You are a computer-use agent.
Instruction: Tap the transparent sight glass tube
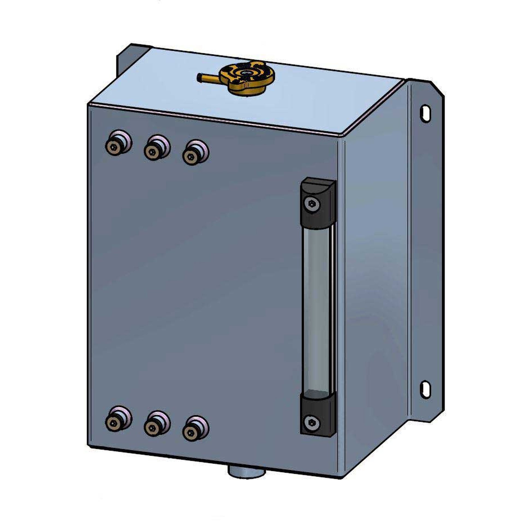[x=317, y=308]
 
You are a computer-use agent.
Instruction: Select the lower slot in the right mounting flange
[x=425, y=389]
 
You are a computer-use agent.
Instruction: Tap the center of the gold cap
[x=245, y=74]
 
